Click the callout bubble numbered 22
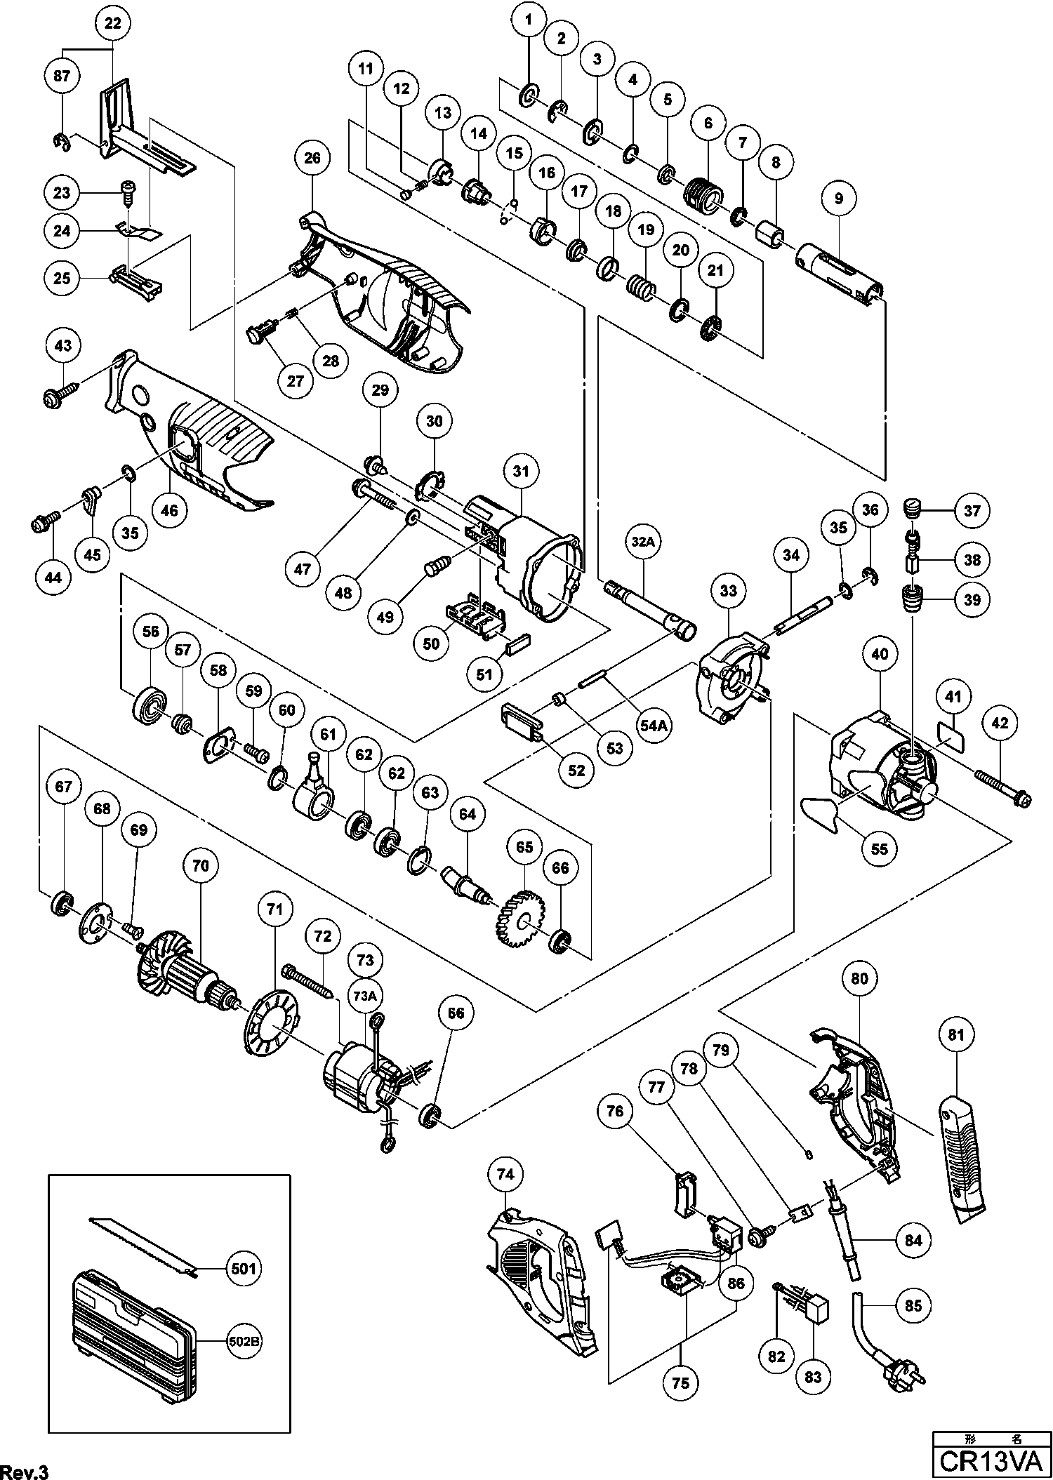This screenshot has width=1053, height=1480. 112,24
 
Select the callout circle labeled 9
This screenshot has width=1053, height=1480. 838,199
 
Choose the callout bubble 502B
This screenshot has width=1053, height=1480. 240,1341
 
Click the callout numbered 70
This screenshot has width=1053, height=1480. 201,866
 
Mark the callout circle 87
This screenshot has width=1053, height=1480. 62,75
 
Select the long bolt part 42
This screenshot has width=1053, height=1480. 1000,787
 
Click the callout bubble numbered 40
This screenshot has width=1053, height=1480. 880,655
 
